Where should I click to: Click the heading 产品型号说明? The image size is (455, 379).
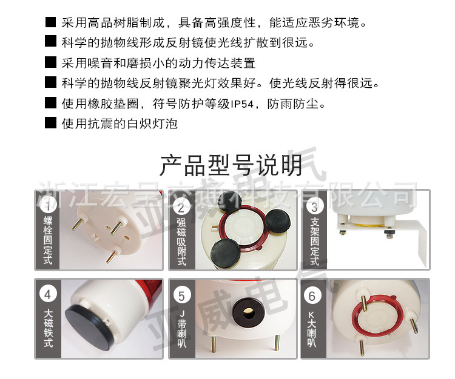231,165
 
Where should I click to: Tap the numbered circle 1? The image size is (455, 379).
48,206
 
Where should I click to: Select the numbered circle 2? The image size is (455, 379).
181,206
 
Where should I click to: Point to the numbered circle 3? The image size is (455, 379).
314,206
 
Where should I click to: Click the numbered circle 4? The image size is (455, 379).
48,295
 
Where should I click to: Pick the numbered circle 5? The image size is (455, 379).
181,295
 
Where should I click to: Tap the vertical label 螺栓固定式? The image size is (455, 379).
48,242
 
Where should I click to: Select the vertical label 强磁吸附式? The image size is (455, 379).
181,242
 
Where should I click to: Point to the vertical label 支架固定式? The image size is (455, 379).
314,242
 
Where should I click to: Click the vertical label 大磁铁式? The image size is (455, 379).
48,329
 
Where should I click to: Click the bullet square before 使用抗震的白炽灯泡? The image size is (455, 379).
51,124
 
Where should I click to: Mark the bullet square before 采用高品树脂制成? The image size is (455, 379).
51,24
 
